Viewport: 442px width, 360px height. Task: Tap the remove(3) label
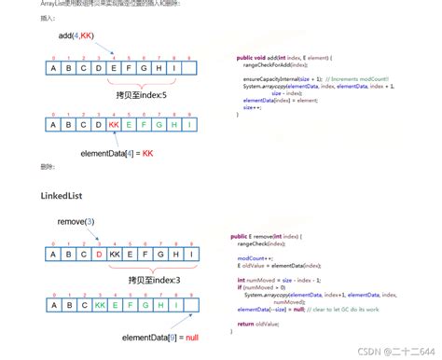pos(76,221)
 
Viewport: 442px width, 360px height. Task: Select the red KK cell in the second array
pos(114,124)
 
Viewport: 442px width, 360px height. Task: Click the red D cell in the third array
pos(99,252)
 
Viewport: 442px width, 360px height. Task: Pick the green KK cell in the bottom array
pos(99,304)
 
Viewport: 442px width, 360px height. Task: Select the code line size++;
pos(253,106)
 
